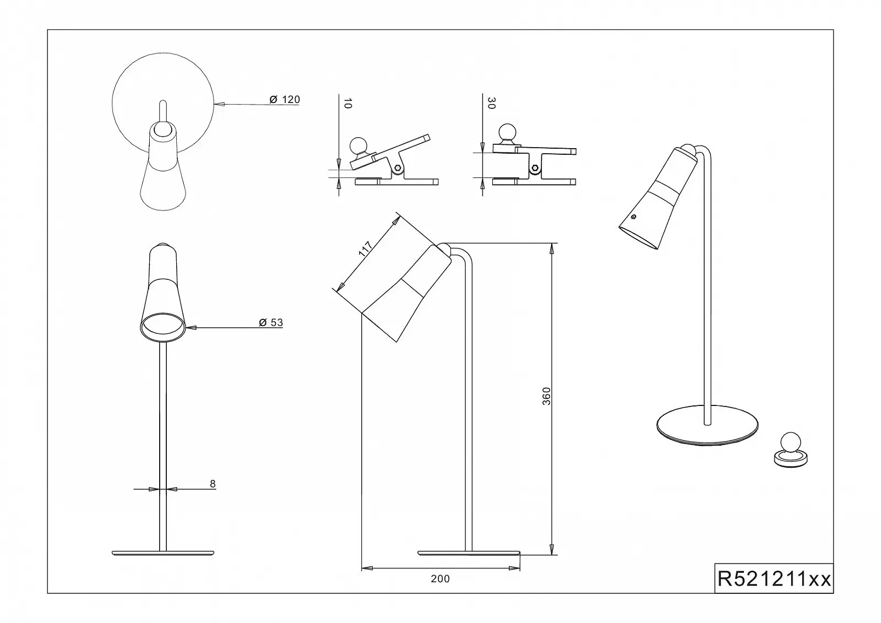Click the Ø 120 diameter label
point(285,100)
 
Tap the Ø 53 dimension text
point(271,323)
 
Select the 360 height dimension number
point(546,396)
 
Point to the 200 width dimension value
point(440,579)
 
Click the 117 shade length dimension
point(366,249)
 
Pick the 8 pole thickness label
point(213,484)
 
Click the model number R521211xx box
point(774,579)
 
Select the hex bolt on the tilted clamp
point(398,167)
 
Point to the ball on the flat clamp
point(507,133)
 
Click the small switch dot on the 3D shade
point(634,217)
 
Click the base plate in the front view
point(163,552)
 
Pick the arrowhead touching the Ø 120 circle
point(219,104)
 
